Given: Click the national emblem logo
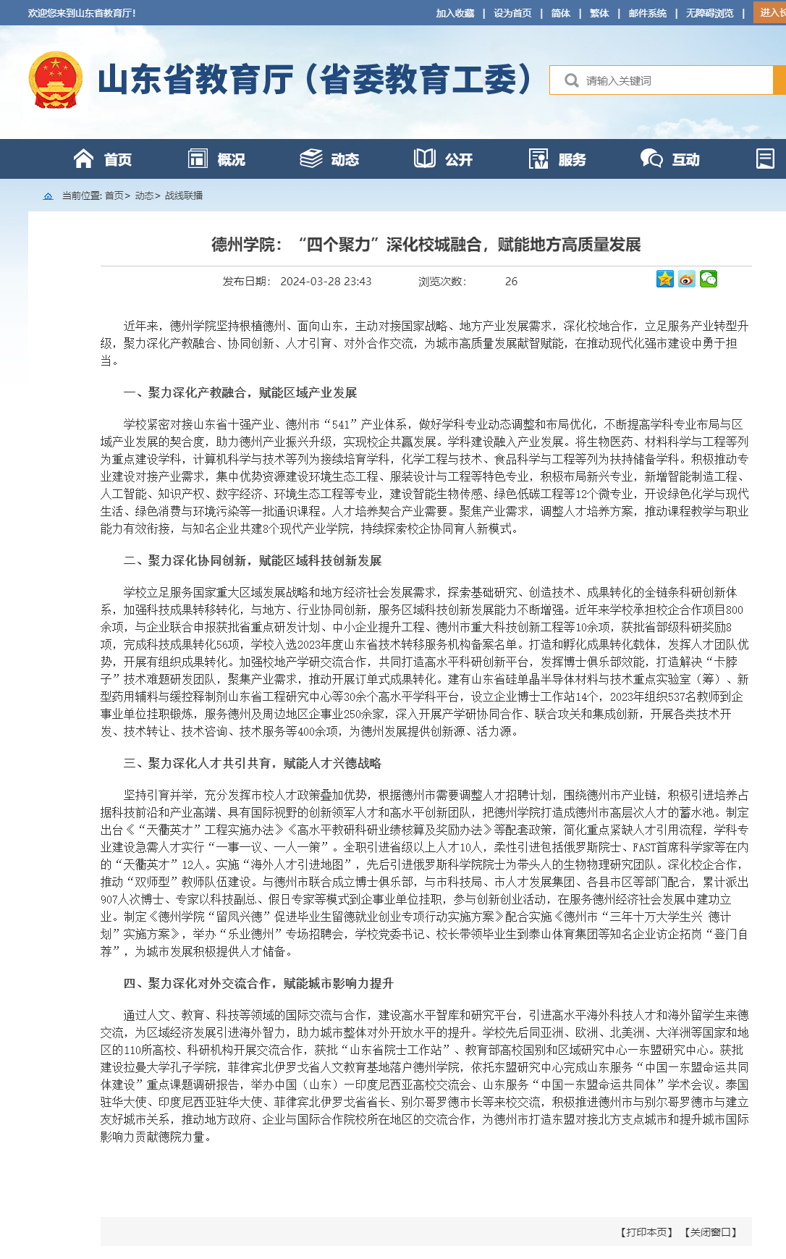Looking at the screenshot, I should tap(55, 80).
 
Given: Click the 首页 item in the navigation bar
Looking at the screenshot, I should tap(103, 159).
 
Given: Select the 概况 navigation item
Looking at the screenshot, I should tap(217, 159).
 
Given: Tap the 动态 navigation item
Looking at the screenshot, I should tap(330, 159).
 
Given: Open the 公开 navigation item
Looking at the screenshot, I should tap(444, 159).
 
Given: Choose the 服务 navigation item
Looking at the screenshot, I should tap(558, 159).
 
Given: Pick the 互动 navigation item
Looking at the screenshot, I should tap(671, 159).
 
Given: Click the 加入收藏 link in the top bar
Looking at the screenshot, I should tap(455, 13).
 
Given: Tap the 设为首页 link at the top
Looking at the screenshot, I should tap(512, 13).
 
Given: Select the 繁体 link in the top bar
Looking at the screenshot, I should tap(599, 13).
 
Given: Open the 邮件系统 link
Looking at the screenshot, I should tap(647, 13).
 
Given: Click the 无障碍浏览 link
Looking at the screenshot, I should tap(709, 13).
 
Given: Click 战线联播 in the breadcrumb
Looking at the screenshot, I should tap(184, 195).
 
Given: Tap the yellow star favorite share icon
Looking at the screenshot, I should tap(664, 279).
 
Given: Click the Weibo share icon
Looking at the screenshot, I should tap(686, 279).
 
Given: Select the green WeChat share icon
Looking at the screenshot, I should tap(708, 279).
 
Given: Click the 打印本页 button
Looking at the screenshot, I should tap(646, 1232).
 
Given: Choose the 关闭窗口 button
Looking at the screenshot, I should tap(711, 1232).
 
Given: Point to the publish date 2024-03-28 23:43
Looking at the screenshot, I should tap(326, 282).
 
